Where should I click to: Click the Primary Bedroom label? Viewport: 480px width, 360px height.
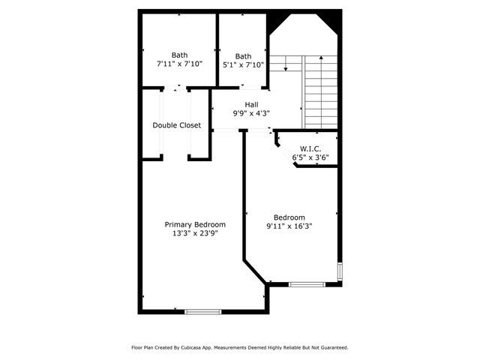pos(195,225)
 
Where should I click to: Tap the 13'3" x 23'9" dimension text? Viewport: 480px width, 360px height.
pos(195,233)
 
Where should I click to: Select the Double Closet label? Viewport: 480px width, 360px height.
pos(177,125)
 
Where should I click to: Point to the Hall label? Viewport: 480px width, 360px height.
pos(251,105)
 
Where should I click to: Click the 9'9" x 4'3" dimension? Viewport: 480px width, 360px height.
pos(251,113)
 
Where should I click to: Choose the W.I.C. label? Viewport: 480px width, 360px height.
pos(310,149)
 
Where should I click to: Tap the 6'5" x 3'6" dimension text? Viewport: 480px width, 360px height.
pos(310,157)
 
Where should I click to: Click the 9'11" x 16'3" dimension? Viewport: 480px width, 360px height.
pos(289,226)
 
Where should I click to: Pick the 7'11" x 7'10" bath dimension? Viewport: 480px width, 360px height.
pos(180,64)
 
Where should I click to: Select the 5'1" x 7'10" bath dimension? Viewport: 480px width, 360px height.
pos(243,65)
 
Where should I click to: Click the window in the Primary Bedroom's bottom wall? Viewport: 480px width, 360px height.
pos(202,312)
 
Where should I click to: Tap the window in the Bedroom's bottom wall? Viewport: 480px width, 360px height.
pos(307,284)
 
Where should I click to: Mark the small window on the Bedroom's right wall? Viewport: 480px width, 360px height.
pos(340,271)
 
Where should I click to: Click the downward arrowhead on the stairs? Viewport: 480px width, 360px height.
pos(286,69)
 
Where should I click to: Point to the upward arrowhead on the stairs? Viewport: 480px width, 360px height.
pos(321,57)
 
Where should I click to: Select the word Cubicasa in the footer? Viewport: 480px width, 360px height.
pos(191,348)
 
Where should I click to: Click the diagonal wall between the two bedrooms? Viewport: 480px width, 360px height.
pos(255,272)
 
